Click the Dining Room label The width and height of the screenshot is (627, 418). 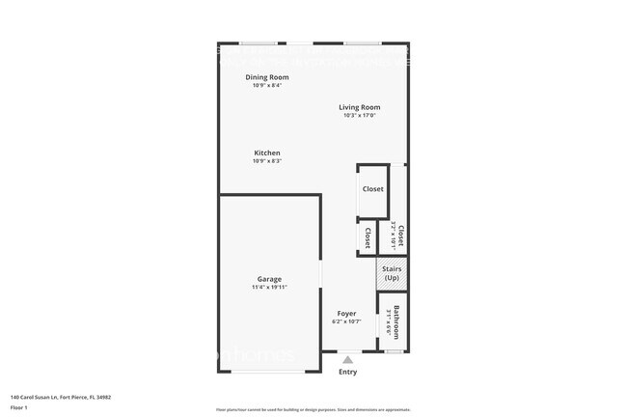click(267, 77)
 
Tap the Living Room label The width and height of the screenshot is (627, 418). click(359, 107)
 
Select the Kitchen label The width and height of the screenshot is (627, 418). click(267, 153)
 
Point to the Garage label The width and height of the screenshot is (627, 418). click(269, 279)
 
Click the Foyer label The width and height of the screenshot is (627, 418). click(346, 314)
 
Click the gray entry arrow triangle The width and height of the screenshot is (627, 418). click(347, 360)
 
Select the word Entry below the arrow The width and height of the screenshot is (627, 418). click(347, 372)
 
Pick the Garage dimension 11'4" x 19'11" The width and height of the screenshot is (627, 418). click(269, 288)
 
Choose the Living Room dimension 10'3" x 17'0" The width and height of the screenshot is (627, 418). click(359, 116)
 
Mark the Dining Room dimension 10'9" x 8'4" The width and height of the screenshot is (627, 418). click(267, 86)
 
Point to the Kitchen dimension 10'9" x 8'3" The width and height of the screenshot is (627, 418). click(267, 161)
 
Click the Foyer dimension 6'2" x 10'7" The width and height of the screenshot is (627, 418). click(346, 322)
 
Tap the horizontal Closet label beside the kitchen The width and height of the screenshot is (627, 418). click(372, 189)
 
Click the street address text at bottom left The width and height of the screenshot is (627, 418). click(61, 396)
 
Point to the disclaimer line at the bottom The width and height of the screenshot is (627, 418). click(313, 409)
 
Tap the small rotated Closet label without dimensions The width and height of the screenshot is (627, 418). click(368, 237)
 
